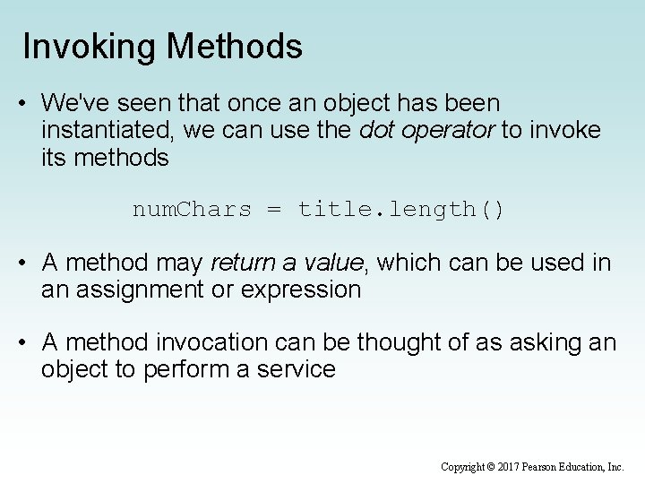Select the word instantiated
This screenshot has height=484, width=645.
(108, 132)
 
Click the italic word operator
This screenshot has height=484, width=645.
(451, 132)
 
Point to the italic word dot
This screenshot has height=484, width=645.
(374, 132)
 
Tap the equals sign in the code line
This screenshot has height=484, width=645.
(274, 210)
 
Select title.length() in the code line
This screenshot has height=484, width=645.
(401, 210)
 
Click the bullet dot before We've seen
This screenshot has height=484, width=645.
(21, 105)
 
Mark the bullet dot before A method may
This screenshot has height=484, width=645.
(21, 264)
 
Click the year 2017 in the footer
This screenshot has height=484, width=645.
(507, 467)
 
